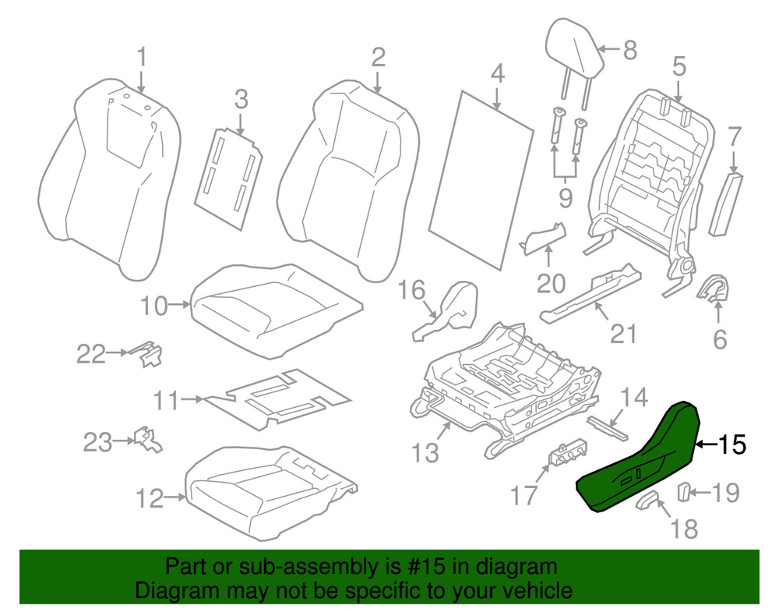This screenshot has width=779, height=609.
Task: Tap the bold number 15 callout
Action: (730, 444)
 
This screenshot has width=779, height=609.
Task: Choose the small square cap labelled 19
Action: (682, 492)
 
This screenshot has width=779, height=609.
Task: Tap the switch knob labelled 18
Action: (648, 501)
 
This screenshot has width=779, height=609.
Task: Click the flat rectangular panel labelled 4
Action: (488, 179)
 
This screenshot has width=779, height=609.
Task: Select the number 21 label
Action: (623, 334)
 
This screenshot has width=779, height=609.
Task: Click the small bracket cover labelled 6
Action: (710, 290)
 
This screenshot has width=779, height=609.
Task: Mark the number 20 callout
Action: (550, 283)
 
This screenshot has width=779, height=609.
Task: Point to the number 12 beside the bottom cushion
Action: (150, 497)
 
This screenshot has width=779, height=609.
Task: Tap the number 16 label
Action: (412, 291)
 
